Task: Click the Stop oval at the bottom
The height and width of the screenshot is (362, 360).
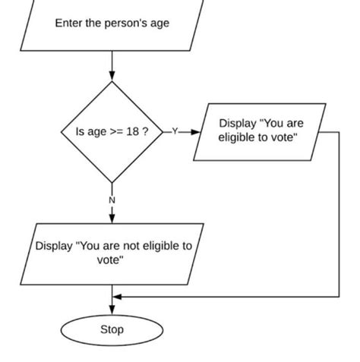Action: (112, 330)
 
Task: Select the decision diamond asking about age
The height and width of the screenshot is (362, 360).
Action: (112, 132)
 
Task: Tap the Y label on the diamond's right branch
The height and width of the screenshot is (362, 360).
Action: (175, 131)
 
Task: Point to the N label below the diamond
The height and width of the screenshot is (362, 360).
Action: (112, 200)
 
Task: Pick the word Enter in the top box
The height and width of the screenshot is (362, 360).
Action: (68, 24)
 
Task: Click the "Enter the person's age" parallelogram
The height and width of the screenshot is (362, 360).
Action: (112, 24)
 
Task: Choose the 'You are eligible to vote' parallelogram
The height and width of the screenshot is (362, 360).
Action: (258, 131)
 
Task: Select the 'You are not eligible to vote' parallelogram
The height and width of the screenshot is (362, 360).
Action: (112, 253)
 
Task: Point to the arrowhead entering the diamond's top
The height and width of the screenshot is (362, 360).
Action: (112, 75)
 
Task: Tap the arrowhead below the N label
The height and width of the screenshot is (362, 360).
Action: (112, 218)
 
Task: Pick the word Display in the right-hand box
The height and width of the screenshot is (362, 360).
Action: (238, 123)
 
